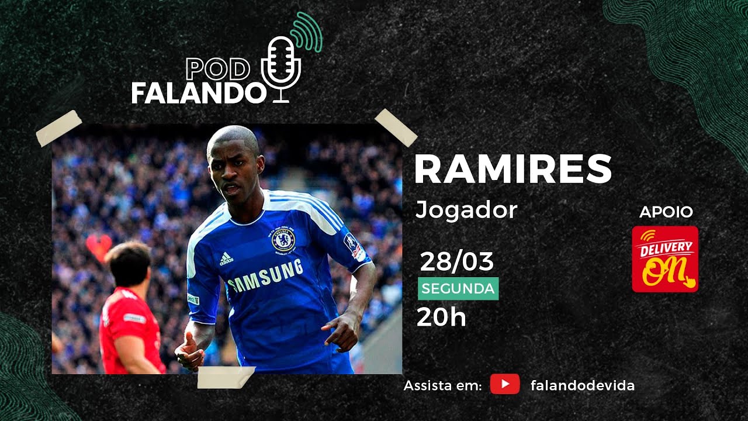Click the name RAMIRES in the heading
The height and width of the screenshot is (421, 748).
point(513,170)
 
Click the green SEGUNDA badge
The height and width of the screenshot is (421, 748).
point(458,289)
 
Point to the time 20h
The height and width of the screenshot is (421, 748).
point(441,318)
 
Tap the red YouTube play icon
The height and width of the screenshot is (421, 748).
point(505,384)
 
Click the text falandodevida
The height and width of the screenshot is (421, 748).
point(582,385)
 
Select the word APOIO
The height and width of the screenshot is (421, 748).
point(666,212)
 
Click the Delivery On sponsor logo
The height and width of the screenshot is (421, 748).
point(665,259)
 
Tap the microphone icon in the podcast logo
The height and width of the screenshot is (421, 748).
point(280,67)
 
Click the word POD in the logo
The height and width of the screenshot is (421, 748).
point(218,70)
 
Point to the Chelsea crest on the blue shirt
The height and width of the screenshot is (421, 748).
point(283,240)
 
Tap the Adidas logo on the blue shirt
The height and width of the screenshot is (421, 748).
point(226,258)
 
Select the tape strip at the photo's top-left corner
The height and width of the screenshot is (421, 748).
point(58,128)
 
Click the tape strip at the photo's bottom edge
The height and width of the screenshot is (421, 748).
point(226,378)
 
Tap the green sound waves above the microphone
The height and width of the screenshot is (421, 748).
point(307,32)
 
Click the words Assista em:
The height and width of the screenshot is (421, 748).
point(442,386)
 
